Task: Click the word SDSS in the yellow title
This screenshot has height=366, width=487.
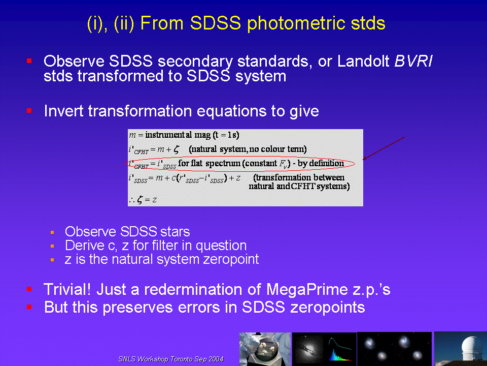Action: click(x=215, y=23)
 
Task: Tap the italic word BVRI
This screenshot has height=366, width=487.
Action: click(x=413, y=61)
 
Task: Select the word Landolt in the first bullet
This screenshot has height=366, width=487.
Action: click(x=363, y=61)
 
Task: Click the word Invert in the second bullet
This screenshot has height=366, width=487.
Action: click(x=64, y=111)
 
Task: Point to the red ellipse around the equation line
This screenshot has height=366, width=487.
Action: click(x=239, y=157)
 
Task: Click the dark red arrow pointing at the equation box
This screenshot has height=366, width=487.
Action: click(x=384, y=148)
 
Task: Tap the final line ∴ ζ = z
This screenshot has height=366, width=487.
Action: click(x=144, y=199)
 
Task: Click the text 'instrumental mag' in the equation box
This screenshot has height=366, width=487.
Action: click(x=178, y=135)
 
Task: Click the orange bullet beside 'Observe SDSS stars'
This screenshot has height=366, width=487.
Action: click(x=52, y=232)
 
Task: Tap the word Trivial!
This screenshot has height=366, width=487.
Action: click(x=67, y=289)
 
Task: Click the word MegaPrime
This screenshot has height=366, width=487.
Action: click(x=307, y=290)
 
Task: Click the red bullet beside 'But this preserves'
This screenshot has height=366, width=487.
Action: click(x=29, y=307)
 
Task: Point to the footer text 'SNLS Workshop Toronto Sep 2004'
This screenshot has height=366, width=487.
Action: click(x=171, y=359)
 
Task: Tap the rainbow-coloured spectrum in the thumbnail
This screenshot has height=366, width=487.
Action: click(x=341, y=355)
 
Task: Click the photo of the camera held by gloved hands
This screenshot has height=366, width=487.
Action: click(x=265, y=349)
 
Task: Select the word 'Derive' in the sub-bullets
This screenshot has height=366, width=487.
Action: click(x=85, y=245)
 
